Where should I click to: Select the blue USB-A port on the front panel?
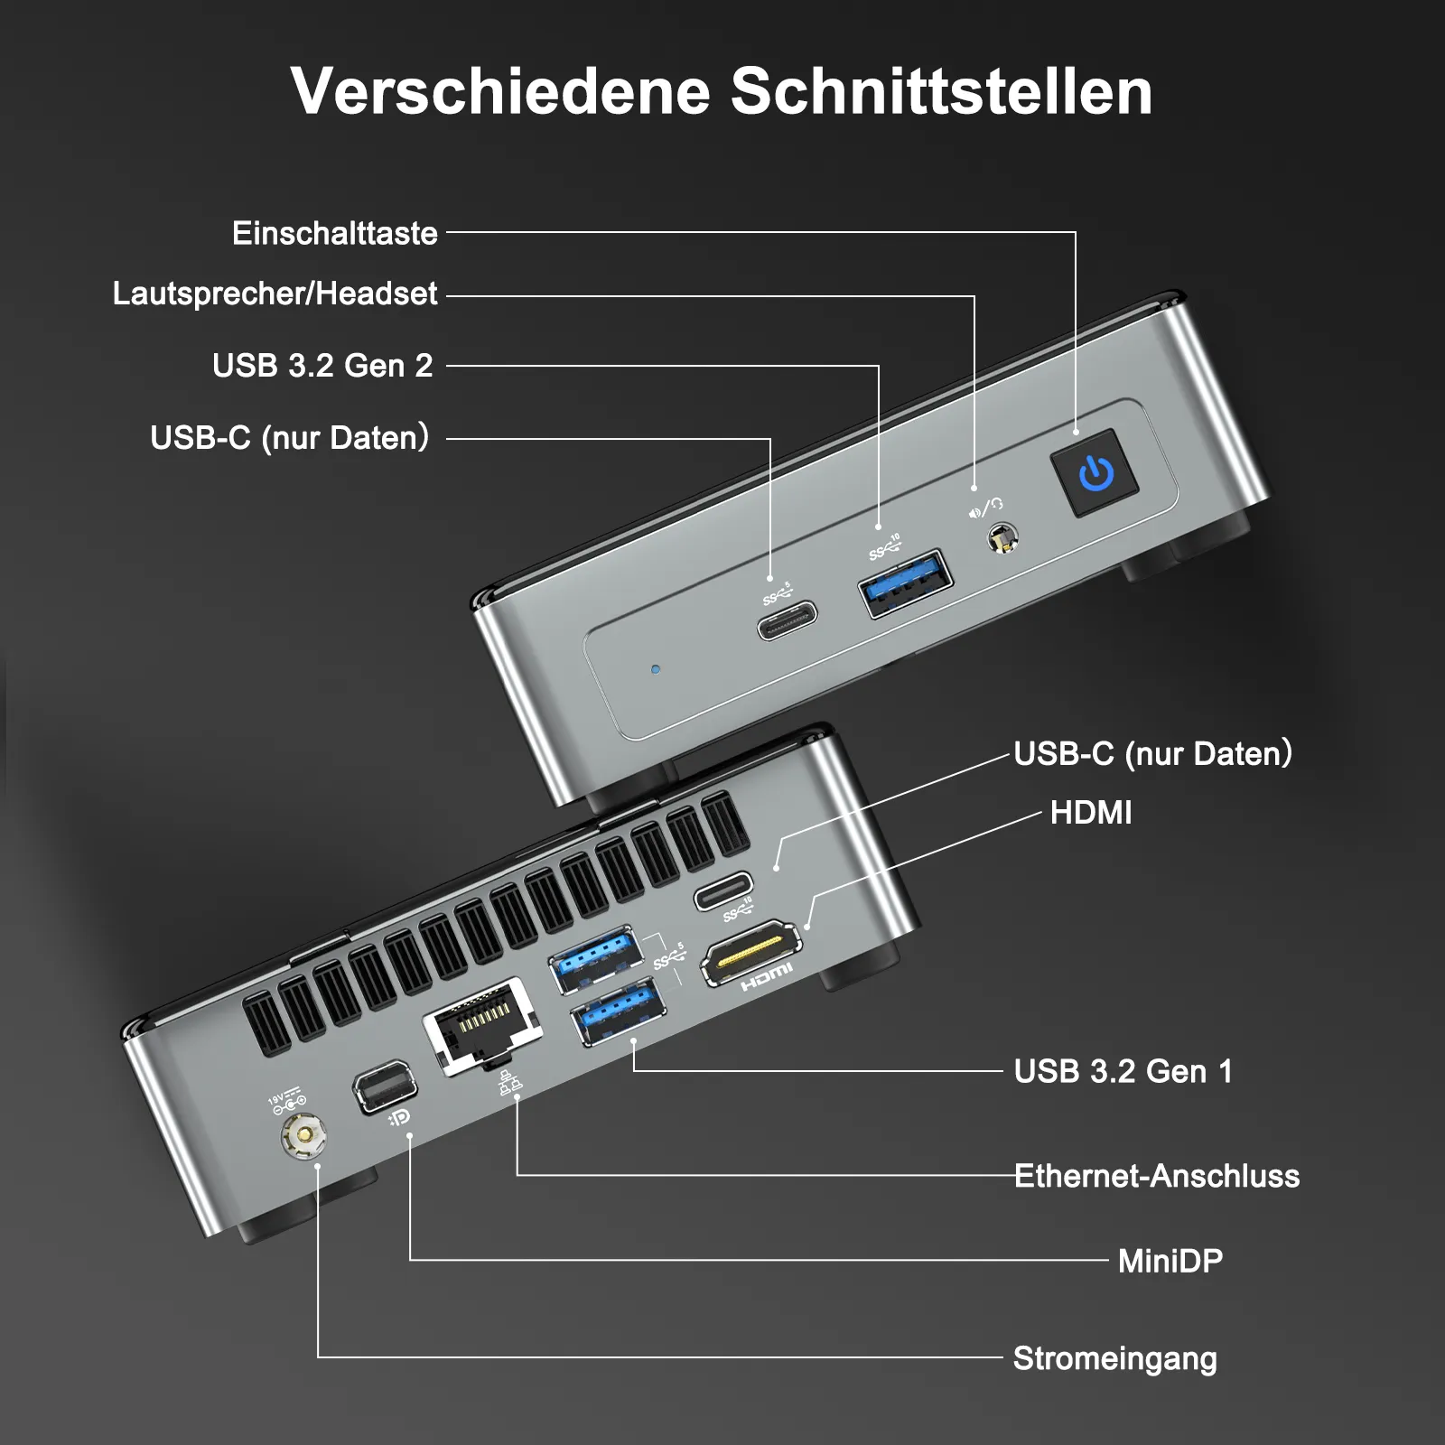coord(905,583)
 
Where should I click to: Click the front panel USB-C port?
coord(788,620)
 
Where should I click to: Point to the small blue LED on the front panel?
coord(656,669)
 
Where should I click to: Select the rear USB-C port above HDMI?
coord(723,890)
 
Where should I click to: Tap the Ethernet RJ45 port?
coord(482,1025)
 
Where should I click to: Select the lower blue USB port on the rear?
coord(620,1011)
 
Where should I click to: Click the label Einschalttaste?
coord(335,233)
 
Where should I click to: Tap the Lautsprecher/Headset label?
coord(275,294)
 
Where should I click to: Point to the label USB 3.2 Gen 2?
coord(322,366)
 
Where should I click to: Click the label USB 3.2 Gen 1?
coord(1123,1071)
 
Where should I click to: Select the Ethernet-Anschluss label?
coord(1157,1176)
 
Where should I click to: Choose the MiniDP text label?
coord(1170,1261)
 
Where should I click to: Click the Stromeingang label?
coord(1115,1359)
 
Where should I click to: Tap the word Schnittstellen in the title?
coord(941,91)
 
